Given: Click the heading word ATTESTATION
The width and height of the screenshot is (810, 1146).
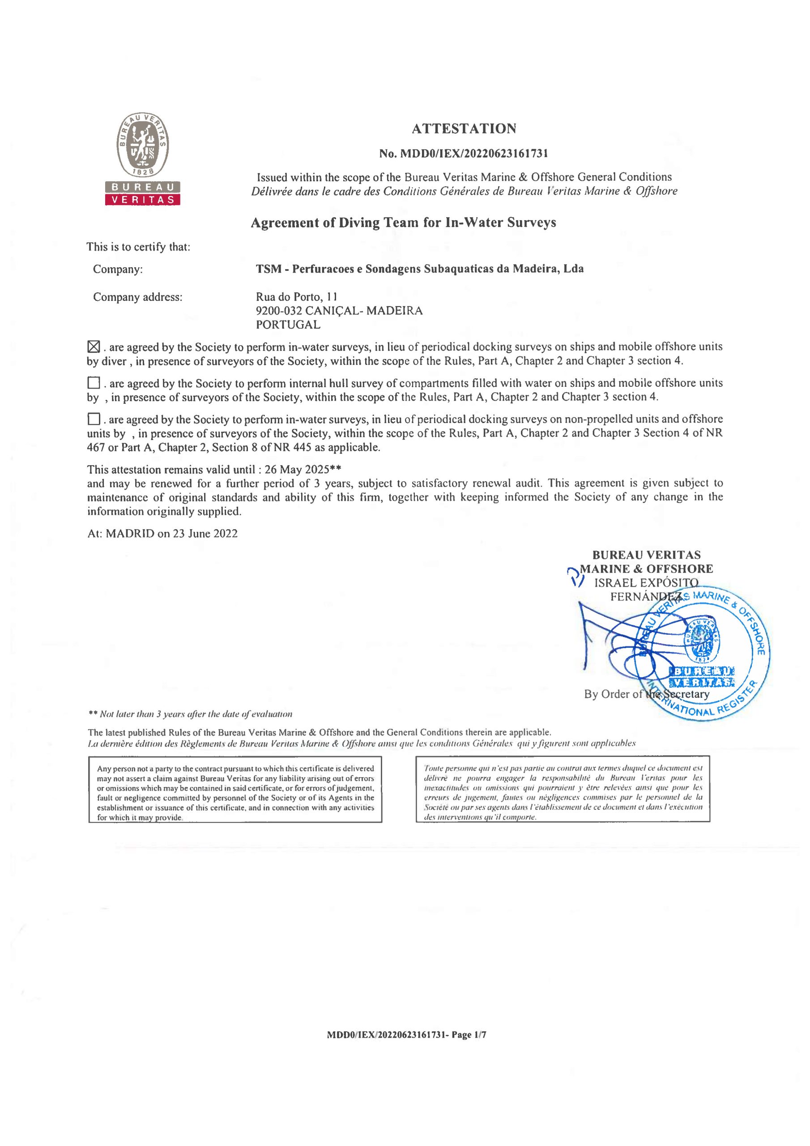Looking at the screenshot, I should click(x=464, y=129).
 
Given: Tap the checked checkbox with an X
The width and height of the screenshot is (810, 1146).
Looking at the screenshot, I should click(x=94, y=346).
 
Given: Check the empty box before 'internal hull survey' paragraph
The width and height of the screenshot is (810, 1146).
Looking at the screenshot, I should click(x=94, y=383).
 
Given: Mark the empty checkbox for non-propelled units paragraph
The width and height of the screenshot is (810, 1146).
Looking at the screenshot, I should click(x=94, y=419).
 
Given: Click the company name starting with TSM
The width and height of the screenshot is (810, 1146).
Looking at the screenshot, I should click(x=419, y=269).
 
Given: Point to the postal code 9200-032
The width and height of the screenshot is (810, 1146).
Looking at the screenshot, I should click(x=278, y=311).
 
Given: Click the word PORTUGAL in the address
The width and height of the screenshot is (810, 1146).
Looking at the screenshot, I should click(x=288, y=325).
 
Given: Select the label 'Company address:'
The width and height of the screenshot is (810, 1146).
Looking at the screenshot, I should click(x=137, y=298).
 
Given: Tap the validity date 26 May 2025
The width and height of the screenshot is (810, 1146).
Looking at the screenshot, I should click(x=297, y=470).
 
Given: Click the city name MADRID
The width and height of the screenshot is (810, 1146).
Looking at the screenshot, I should click(x=130, y=534).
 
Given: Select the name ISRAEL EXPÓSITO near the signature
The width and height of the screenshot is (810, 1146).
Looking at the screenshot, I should click(x=646, y=583).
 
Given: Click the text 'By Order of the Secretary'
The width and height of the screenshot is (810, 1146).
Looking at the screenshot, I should click(x=646, y=694).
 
